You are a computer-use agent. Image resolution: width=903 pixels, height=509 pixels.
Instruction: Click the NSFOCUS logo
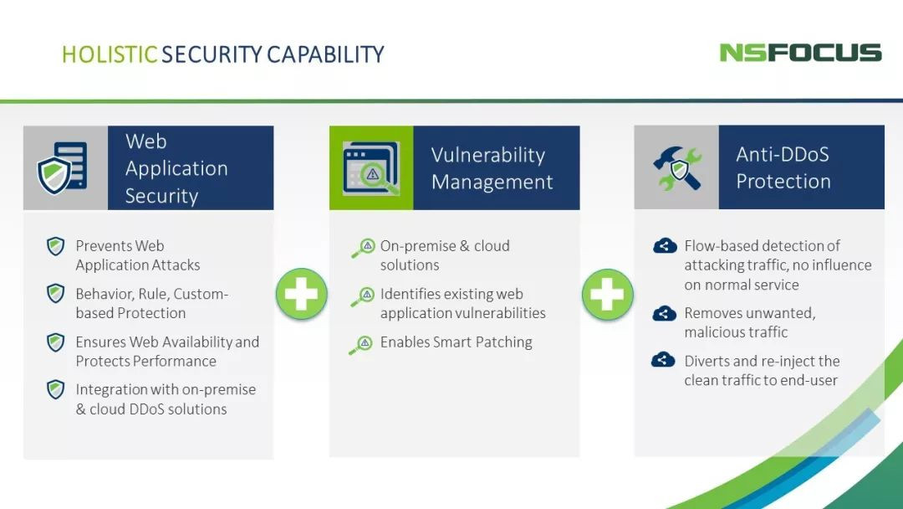800,53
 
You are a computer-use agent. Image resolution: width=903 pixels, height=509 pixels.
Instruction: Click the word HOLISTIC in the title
110,54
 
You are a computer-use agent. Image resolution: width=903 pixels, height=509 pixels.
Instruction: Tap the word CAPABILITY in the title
325,54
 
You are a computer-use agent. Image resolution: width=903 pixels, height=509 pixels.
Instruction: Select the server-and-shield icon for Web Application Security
62,167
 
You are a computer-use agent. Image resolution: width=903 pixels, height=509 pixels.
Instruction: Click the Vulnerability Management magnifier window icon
371,167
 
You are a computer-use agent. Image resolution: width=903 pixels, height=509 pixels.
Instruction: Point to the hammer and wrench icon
677,167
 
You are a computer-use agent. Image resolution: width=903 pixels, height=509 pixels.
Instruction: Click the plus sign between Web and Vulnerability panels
301,294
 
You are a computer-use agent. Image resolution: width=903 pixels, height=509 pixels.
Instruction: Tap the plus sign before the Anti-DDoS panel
608,294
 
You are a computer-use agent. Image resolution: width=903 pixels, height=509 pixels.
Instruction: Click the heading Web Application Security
176,168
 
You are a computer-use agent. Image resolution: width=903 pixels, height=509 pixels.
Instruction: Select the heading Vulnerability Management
492,168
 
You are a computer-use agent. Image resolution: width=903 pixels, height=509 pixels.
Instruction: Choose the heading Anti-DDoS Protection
783,167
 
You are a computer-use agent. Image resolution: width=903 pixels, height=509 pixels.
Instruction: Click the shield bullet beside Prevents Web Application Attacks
55,246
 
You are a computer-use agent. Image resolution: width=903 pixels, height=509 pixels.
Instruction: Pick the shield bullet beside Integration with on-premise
55,389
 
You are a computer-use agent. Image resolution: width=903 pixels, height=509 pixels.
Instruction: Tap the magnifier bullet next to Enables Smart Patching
362,345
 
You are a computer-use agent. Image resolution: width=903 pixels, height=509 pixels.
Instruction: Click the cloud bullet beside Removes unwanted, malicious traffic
664,314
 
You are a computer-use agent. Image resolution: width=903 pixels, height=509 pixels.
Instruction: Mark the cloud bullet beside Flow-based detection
665,245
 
